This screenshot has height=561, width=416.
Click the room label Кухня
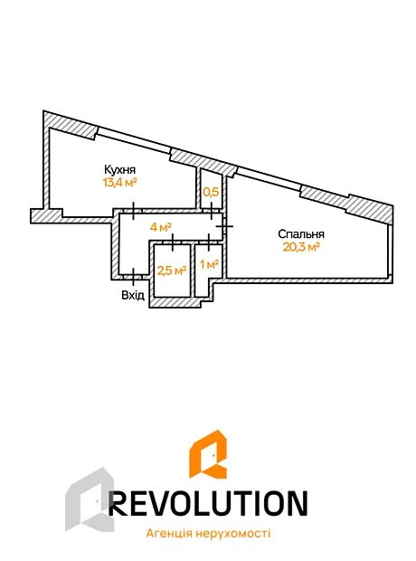click(x=120, y=169)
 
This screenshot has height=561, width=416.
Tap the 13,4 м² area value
click(x=120, y=183)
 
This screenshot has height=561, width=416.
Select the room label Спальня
click(x=301, y=234)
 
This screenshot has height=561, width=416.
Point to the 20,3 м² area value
click(x=301, y=247)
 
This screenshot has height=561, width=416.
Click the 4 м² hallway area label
click(x=161, y=227)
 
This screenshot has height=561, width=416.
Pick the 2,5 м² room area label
click(x=172, y=271)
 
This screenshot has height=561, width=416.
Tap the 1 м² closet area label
click(x=209, y=264)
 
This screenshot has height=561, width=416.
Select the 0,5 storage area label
click(x=211, y=192)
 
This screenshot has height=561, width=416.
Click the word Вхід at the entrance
click(x=133, y=296)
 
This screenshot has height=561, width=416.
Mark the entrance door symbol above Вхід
click(x=134, y=277)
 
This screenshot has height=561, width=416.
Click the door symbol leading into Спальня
click(x=225, y=226)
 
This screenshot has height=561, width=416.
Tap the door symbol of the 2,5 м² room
click(x=173, y=242)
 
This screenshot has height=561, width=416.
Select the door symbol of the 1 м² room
click(x=209, y=242)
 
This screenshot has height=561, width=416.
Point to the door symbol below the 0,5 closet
click(x=212, y=211)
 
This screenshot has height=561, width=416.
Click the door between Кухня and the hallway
click(x=134, y=211)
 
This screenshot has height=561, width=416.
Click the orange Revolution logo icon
click(x=208, y=453)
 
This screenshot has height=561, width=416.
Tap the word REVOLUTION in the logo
click(x=208, y=503)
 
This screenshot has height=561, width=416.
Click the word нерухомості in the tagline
click(x=232, y=534)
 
